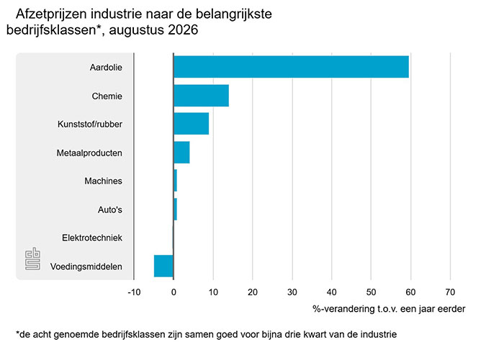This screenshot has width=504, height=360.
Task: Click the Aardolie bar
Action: [x=291, y=67]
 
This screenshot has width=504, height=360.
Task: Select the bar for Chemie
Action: [x=201, y=96]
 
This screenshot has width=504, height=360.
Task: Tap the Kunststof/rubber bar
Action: [x=192, y=124]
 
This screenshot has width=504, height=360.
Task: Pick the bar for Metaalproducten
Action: [x=181, y=153]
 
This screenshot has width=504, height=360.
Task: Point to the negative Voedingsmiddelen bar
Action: [x=163, y=266]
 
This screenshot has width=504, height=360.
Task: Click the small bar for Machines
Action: [x=175, y=181]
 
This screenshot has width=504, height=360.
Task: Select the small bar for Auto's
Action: [x=175, y=210]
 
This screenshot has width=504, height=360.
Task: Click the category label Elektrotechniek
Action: [x=92, y=238]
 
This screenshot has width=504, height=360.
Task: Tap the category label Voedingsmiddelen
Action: [x=86, y=266]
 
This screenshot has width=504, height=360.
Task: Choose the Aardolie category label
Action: [x=106, y=68]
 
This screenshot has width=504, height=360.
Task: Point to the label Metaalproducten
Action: [x=89, y=153]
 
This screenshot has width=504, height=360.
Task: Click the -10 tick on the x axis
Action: [x=134, y=292]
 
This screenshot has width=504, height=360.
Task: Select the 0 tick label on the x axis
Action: [x=174, y=292]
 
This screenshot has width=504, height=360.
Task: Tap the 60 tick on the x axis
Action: [x=410, y=292]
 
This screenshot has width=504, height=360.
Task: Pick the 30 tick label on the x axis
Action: [x=292, y=292]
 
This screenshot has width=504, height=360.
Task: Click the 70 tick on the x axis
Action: [x=450, y=292]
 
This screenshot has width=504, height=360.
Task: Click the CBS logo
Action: [x=33, y=258]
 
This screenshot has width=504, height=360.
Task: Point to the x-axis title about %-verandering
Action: [x=389, y=309]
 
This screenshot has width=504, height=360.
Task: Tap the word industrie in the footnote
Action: [x=379, y=335]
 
